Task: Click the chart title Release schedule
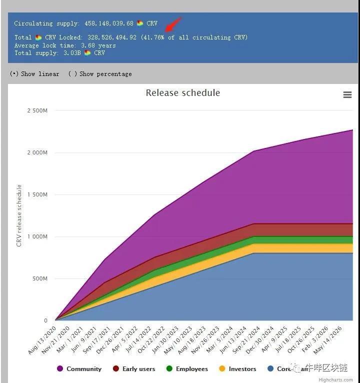tap(182, 93)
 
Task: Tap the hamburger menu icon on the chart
tap(347, 95)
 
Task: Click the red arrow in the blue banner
tap(173, 23)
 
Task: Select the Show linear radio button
tap(14, 74)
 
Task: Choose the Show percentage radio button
tap(72, 74)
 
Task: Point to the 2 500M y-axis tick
tap(37, 110)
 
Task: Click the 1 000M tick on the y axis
tap(37, 236)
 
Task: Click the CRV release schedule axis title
tap(19, 215)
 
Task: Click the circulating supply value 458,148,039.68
tap(104, 23)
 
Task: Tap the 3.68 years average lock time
tap(98, 45)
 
